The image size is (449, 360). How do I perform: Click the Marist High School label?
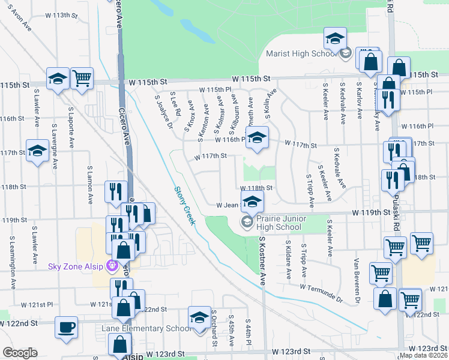tap(300, 54)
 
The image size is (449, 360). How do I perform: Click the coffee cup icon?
tap(66, 328)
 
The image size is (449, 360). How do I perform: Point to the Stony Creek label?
tap(185, 205)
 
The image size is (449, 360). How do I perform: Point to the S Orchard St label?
tap(213, 328)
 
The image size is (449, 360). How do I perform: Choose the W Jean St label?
tap(228, 205)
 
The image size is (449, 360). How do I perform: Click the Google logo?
tap(20, 353)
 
